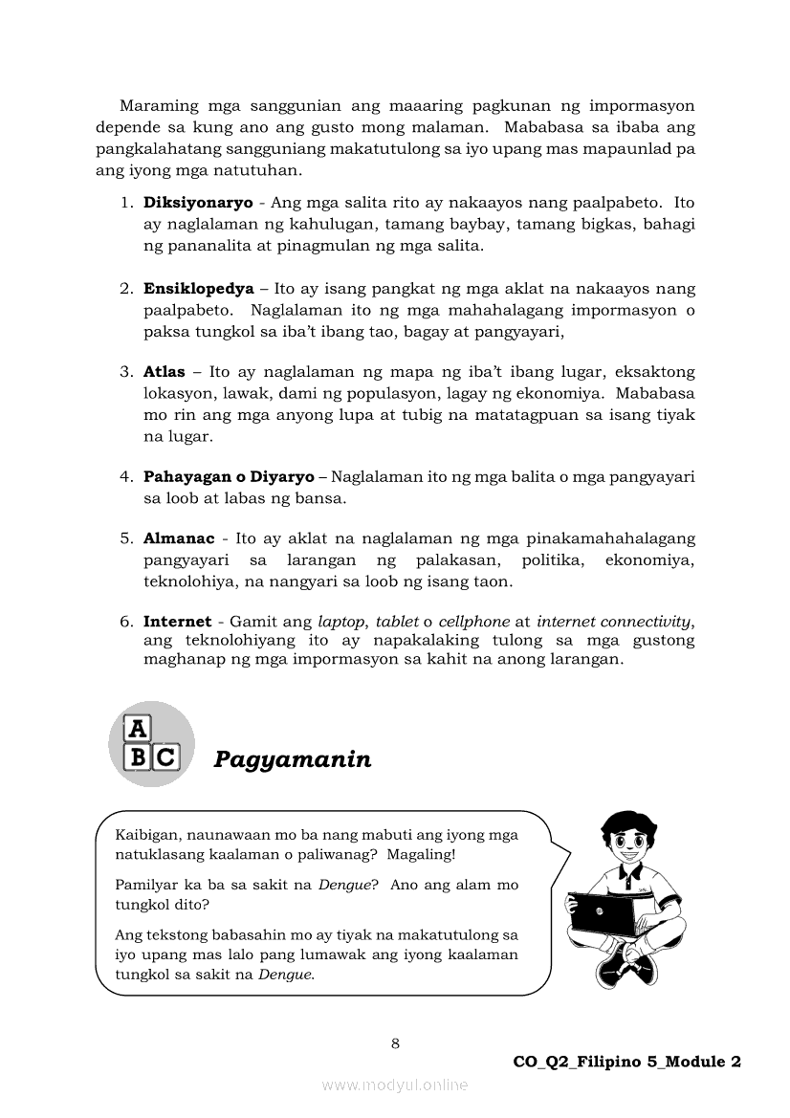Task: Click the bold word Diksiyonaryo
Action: pyautogui.click(x=185, y=203)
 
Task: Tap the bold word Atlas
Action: pyautogui.click(x=165, y=371)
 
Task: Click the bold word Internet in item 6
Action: pyautogui.click(x=178, y=622)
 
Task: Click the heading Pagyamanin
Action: pyautogui.click(x=293, y=759)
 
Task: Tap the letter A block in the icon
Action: pyautogui.click(x=139, y=729)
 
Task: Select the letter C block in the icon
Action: pyautogui.click(x=165, y=758)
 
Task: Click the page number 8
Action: pyautogui.click(x=395, y=1042)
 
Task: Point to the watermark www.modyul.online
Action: pyautogui.click(x=395, y=1085)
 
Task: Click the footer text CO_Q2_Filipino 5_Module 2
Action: pyautogui.click(x=627, y=1062)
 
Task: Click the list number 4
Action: pyautogui.click(x=125, y=476)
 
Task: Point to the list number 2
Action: pyautogui.click(x=125, y=288)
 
